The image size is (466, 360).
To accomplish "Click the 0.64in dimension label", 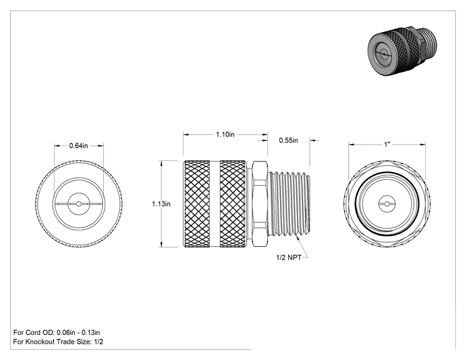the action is (x=78, y=145).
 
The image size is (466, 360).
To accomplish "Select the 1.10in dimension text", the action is (x=225, y=134).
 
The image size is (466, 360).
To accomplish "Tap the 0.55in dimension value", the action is (x=288, y=140).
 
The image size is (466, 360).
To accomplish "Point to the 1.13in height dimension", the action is (x=161, y=203).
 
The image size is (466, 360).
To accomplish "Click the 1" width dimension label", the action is (x=386, y=145).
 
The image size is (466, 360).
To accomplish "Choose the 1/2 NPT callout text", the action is (x=289, y=257).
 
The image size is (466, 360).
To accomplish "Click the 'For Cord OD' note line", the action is (x=56, y=332).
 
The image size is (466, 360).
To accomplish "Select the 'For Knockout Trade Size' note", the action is (x=58, y=342).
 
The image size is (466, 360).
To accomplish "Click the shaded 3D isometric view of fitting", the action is (x=402, y=51).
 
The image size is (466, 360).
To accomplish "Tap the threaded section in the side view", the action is (x=289, y=203).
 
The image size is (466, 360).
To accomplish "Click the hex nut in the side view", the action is (x=260, y=203).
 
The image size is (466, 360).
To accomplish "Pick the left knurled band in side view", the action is (x=197, y=203).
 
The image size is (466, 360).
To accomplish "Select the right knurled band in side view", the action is (x=233, y=203).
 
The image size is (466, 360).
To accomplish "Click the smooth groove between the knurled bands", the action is (x=215, y=203).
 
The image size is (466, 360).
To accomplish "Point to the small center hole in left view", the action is (x=78, y=203).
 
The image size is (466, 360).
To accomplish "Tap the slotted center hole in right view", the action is (x=387, y=203).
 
